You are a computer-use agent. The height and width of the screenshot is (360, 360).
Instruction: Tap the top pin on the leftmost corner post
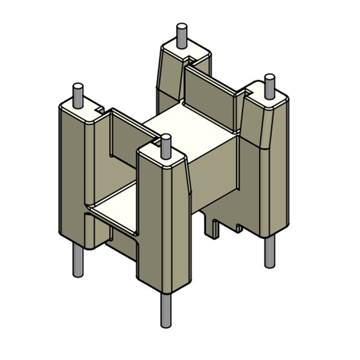78,95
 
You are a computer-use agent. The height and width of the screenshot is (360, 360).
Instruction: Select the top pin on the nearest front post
166,145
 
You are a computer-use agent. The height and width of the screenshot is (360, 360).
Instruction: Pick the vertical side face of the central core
214,175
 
